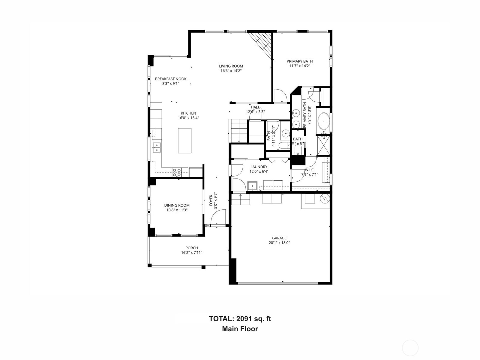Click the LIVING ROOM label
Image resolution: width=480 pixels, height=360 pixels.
tap(231, 66)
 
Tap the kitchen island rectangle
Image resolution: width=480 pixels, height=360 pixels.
tap(184, 141)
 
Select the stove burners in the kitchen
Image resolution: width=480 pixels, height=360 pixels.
tap(177, 172)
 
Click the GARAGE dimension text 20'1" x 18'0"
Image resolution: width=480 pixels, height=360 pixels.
tap(279, 243)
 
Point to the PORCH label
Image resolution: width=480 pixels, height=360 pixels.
tap(191, 248)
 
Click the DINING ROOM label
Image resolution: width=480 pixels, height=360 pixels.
tap(177, 205)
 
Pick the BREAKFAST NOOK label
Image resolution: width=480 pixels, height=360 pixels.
tap(171, 79)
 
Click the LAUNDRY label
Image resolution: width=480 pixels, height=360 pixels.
tap(259, 167)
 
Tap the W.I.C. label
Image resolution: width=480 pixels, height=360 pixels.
tap(310, 170)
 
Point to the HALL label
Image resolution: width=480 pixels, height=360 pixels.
tap(255, 107)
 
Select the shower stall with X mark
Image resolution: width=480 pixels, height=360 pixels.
tap(323, 145)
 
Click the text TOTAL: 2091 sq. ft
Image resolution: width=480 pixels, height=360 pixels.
tap(240, 319)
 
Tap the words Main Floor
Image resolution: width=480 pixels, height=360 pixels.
tap(240, 329)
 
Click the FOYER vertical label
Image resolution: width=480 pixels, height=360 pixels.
tap(211, 200)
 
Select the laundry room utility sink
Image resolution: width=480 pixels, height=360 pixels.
tap(253, 186)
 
